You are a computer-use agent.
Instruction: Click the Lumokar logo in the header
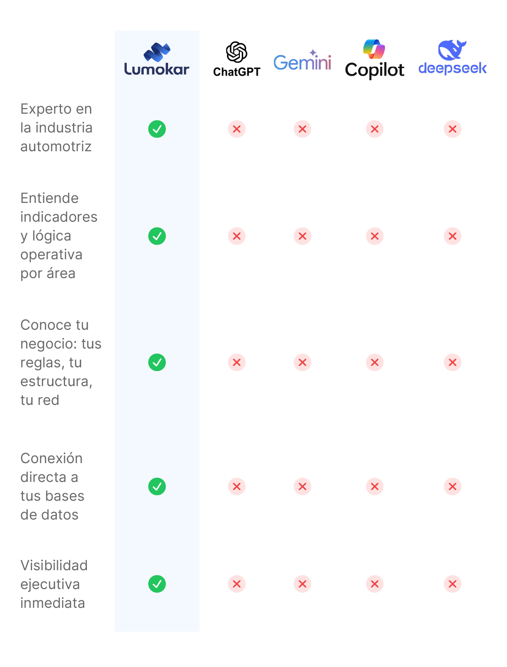157,60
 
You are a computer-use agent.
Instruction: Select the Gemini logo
302,61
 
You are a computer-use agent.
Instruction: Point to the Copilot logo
374,60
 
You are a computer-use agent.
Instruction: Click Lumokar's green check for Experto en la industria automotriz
157,129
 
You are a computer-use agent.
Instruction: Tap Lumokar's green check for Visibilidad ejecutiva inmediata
157,584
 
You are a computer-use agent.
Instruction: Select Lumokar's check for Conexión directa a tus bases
157,487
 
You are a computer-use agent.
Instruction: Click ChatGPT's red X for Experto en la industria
237,129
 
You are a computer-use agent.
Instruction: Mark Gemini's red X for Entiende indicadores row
302,236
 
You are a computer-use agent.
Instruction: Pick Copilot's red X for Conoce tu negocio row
375,363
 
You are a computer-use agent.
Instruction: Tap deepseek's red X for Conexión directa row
453,487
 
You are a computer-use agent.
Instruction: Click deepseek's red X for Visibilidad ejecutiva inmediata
453,584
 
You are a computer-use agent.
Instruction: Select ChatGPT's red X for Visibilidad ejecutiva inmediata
237,584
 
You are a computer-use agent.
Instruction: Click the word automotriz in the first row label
56,147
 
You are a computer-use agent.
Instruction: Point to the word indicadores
59,217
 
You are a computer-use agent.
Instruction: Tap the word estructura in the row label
55,381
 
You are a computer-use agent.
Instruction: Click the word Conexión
52,458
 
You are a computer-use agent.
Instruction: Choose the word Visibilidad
54,566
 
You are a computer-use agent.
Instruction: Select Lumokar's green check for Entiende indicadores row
157,236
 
